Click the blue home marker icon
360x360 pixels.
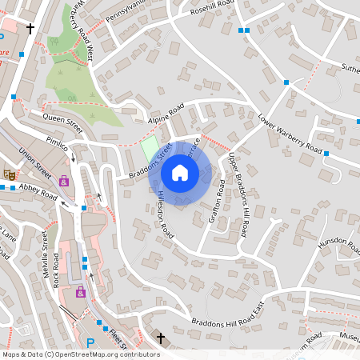coord(179,172)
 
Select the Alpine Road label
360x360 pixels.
coord(166,114)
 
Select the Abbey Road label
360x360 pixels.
coord(38,192)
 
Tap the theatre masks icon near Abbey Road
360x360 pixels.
coord(10,174)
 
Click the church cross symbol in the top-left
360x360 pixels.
coord(30,29)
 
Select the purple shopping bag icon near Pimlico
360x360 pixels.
coord(64,181)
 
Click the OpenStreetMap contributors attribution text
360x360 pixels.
coord(80,354)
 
